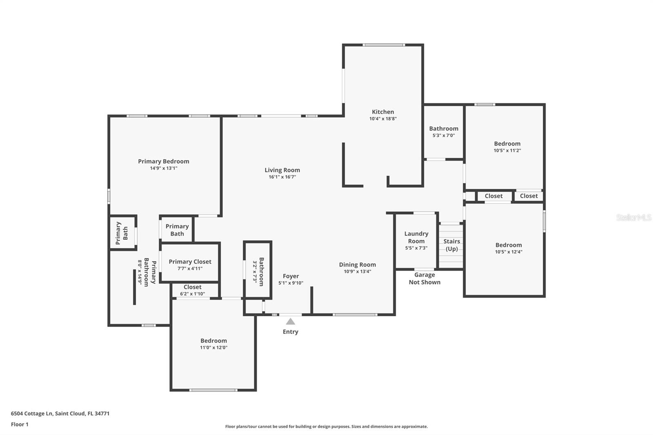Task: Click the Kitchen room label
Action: (383, 112)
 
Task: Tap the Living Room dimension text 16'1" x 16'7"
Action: (282, 177)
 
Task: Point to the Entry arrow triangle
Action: (290, 321)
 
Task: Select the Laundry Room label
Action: (416, 237)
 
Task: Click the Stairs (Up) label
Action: (451, 245)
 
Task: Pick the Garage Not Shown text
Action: (424, 278)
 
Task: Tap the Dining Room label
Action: (358, 264)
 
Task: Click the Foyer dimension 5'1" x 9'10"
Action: (291, 283)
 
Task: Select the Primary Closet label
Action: (190, 262)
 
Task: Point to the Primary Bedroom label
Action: (164, 161)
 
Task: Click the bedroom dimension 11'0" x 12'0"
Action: (214, 347)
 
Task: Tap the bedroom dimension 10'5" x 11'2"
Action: (507, 151)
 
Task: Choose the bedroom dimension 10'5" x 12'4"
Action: (509, 252)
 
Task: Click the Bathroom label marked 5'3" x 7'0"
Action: (444, 128)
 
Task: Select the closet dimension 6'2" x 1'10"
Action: (192, 293)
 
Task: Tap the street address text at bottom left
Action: (60, 413)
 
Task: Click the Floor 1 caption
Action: (20, 424)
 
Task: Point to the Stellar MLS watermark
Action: (634, 217)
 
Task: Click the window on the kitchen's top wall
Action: (384, 45)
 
